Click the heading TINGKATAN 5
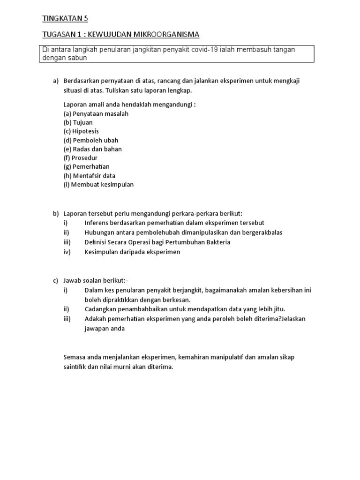tap(65, 19)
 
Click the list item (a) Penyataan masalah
tap(96, 113)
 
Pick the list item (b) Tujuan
tap(78, 122)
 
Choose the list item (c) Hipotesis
tap(81, 131)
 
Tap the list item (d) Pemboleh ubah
tap(91, 140)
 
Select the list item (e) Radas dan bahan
tap(92, 149)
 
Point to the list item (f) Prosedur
tap(80, 158)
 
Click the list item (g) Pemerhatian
tap(86, 166)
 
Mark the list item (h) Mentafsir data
tap(89, 175)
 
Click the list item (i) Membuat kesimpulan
tap(98, 184)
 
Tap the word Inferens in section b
tap(97, 223)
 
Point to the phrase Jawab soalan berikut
tap(95, 281)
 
